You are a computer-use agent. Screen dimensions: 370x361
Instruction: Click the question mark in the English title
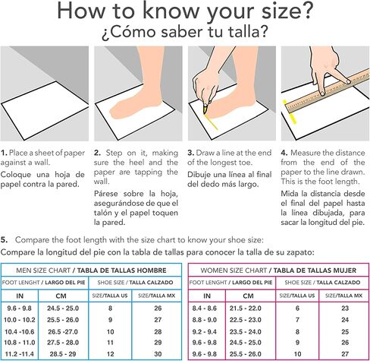(306, 11)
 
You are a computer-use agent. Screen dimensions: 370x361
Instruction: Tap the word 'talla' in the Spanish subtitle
(243, 32)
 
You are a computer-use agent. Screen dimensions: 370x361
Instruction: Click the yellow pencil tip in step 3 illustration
(205, 109)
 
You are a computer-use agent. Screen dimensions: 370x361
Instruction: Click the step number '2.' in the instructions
(98, 153)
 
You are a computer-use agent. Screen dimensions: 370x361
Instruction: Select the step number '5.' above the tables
(4, 239)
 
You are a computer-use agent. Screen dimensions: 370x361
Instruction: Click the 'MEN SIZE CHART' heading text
(43, 271)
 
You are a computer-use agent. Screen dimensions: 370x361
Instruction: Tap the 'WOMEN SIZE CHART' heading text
(234, 271)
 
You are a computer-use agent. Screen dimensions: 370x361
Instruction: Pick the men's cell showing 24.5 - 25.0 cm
(63, 309)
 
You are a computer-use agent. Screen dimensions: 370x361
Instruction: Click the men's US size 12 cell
(110, 354)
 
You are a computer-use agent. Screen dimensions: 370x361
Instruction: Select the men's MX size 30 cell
(158, 354)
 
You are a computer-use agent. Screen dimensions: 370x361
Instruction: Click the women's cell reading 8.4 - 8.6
(204, 309)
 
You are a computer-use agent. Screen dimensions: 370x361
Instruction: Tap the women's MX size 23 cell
(345, 309)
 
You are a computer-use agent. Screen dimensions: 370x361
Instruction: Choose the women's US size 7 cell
(297, 320)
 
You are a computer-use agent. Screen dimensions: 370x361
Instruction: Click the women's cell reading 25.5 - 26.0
(245, 354)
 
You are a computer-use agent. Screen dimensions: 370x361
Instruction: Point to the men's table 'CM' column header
(61, 296)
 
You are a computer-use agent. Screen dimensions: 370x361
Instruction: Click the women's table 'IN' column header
(207, 296)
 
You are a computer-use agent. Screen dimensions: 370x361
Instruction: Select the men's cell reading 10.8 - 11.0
(20, 343)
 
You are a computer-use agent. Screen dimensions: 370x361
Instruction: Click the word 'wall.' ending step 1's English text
(42, 163)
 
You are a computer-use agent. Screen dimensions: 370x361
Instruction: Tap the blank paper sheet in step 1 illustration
(45, 110)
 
